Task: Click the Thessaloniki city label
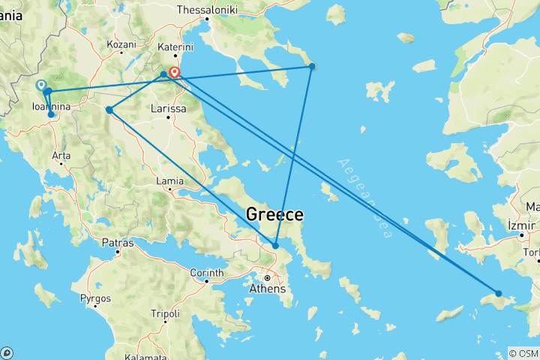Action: (x=207, y=10)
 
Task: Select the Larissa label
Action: (x=168, y=109)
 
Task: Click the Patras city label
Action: (x=118, y=243)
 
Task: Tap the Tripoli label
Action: (x=165, y=313)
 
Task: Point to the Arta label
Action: (x=61, y=156)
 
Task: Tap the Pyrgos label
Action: (x=95, y=298)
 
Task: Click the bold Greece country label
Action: (x=274, y=215)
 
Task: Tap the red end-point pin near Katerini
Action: (x=175, y=73)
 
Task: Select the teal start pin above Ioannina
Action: (x=40, y=85)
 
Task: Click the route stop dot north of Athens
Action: (x=276, y=245)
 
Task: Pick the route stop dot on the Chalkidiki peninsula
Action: (x=313, y=67)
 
